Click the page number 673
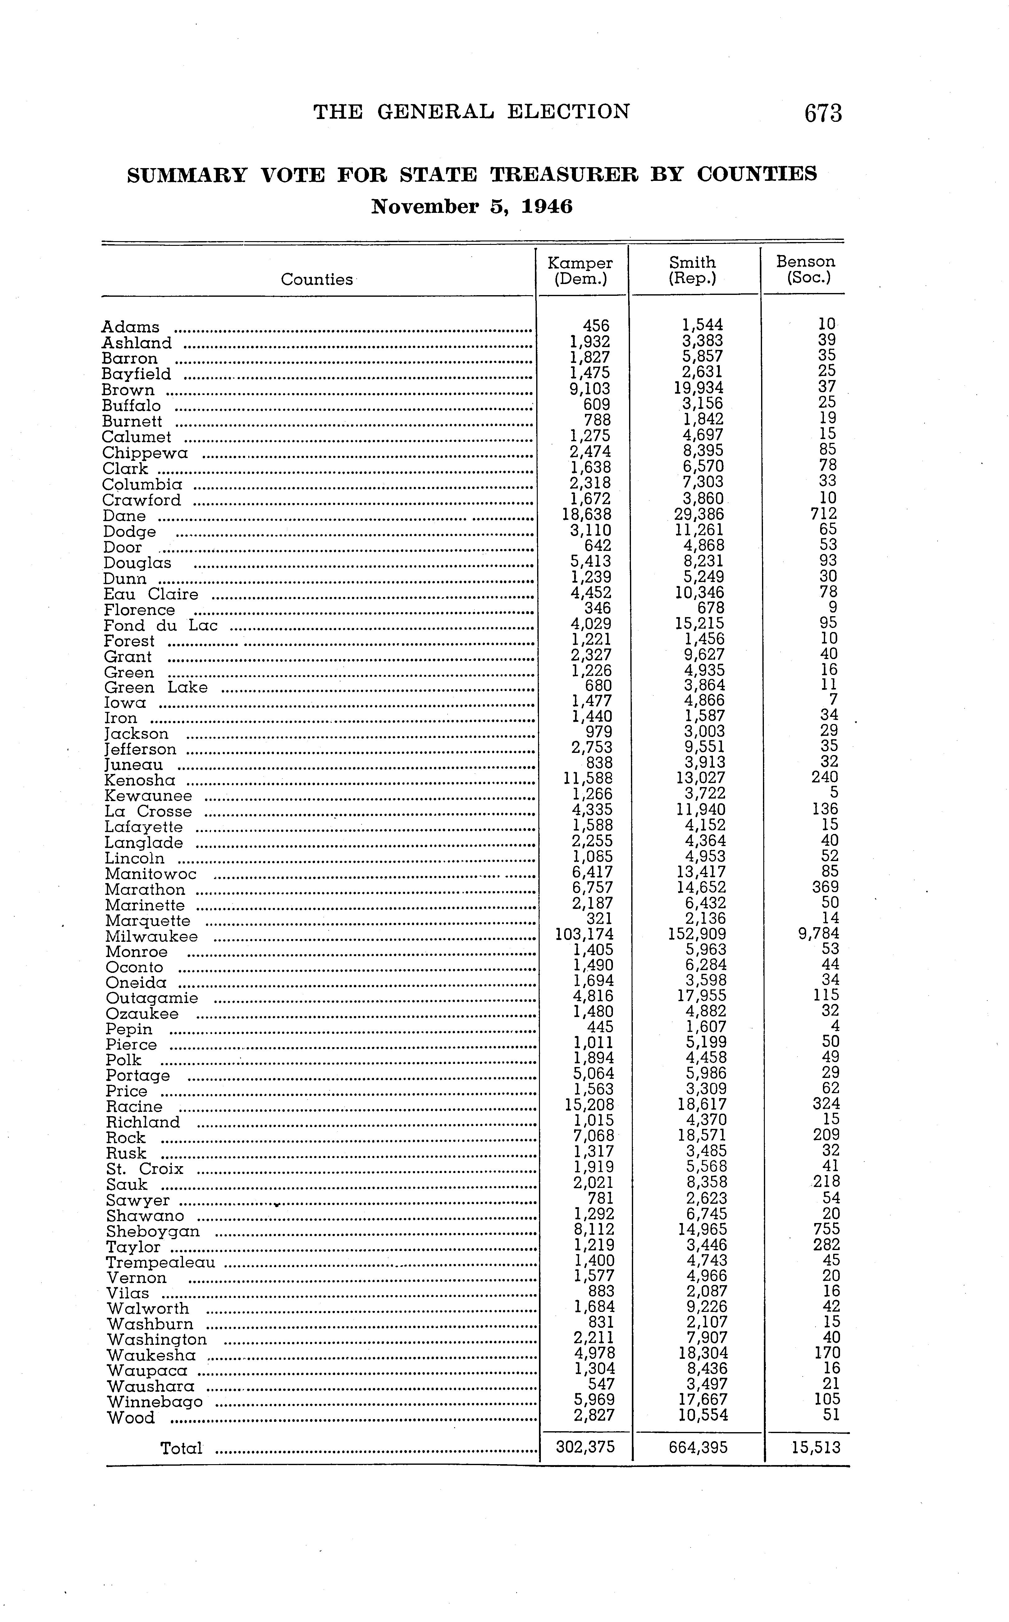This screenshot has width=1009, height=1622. click(x=823, y=113)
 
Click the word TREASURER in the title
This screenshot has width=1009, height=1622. click(x=564, y=175)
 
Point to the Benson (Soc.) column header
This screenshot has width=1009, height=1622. click(x=806, y=270)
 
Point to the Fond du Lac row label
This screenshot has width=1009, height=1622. click(x=161, y=625)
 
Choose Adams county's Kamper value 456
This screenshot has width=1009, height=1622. click(x=596, y=326)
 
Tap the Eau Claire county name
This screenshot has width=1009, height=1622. click(x=151, y=594)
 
